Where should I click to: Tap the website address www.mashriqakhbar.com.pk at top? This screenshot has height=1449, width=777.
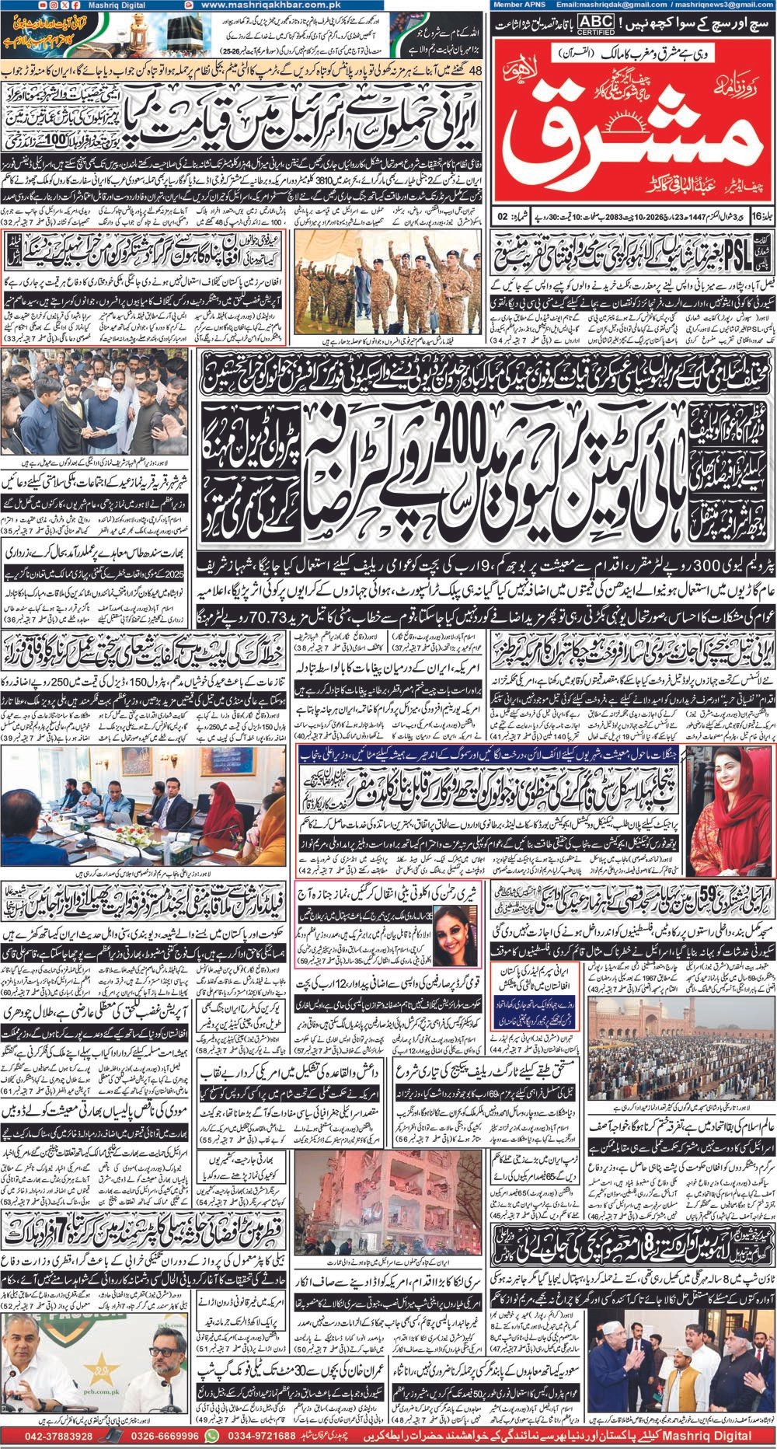(x=271, y=5)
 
